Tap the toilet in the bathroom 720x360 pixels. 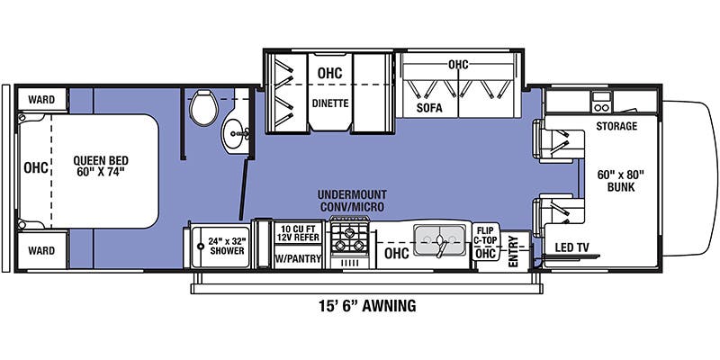pos(204,111)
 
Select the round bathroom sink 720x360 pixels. pos(237,136)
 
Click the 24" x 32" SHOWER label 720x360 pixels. pos(228,246)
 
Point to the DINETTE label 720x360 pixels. pos(330,103)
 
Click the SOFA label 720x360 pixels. pos(429,108)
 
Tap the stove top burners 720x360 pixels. pos(348,238)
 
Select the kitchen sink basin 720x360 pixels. pos(438,240)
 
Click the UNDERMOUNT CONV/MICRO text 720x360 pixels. pos(351,201)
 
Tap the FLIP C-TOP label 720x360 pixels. pos(486,236)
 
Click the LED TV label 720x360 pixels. pos(572,247)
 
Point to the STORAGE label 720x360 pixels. pos(616,126)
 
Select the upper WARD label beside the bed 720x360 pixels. pos(40,99)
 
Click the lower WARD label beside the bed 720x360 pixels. pos(40,249)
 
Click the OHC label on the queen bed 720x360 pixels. pos(36,167)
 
